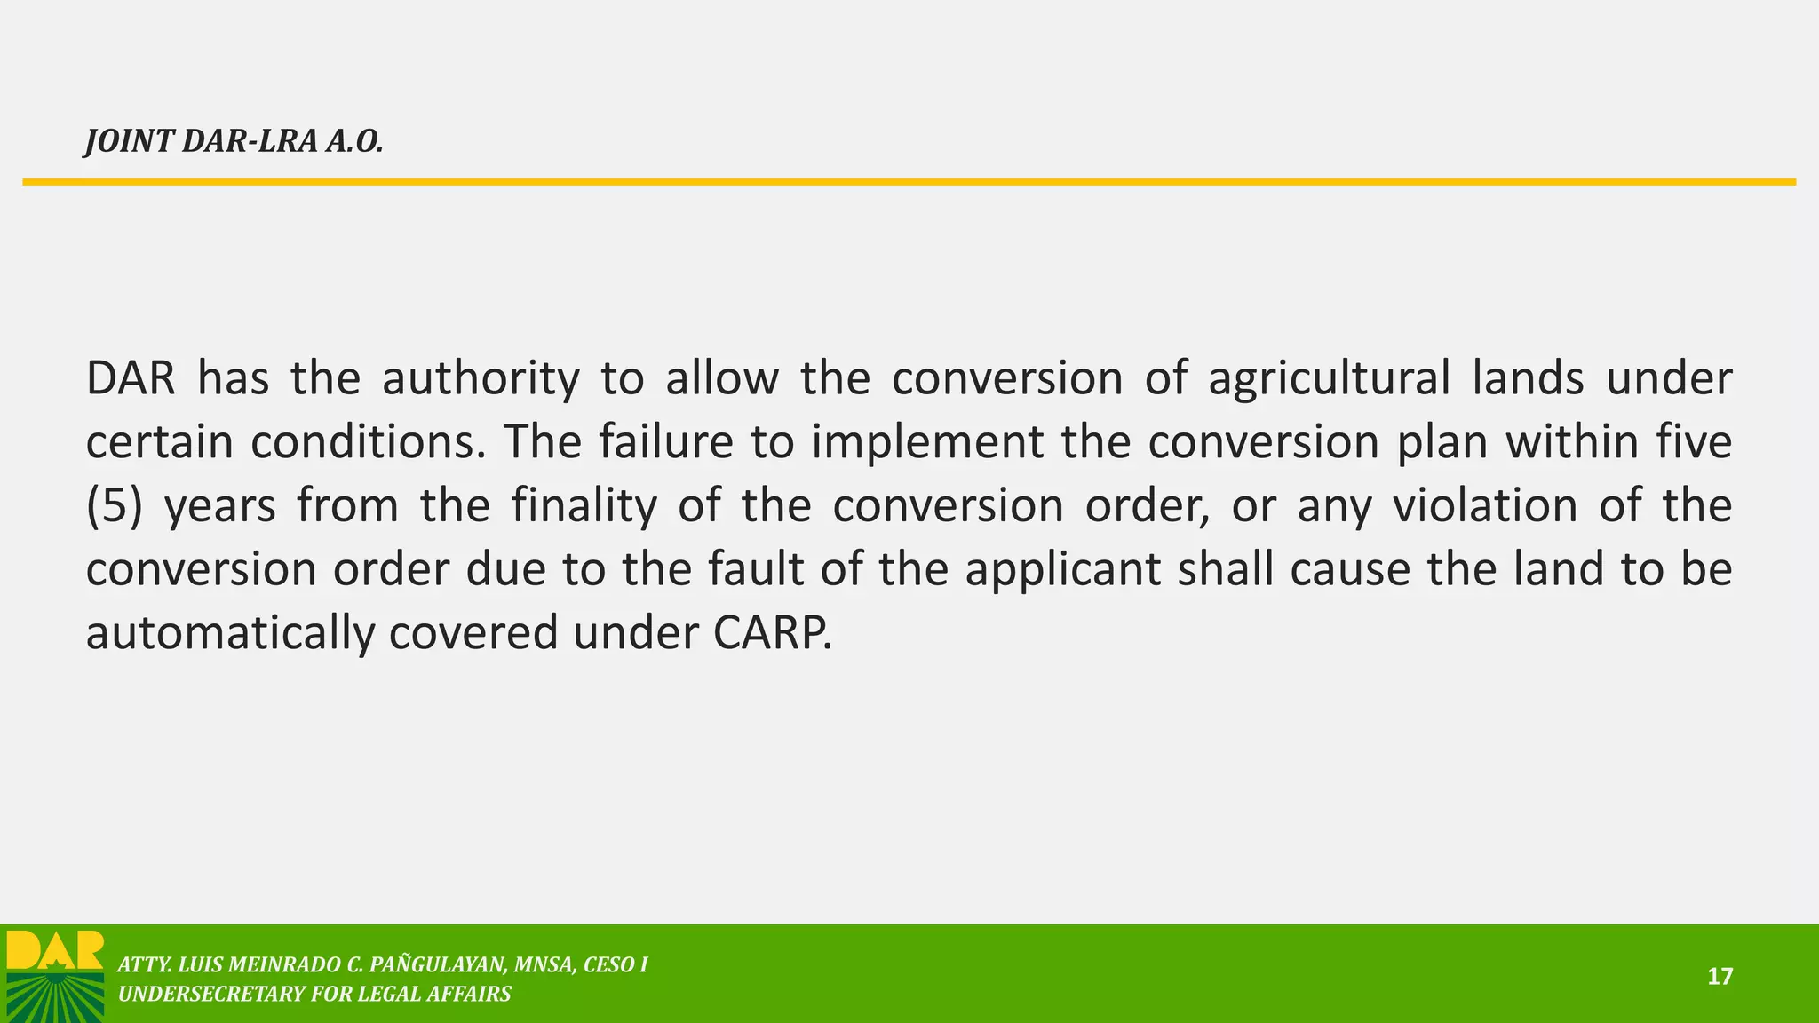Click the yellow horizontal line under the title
pyautogui.click(x=909, y=182)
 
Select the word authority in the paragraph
pyautogui.click(x=481, y=378)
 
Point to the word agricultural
pyautogui.click(x=1329, y=378)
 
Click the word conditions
pyautogui.click(x=368, y=442)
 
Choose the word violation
pyautogui.click(x=1485, y=506)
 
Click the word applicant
pyautogui.click(x=1062, y=570)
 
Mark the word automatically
pyautogui.click(x=229, y=634)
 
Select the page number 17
pyautogui.click(x=1720, y=977)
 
